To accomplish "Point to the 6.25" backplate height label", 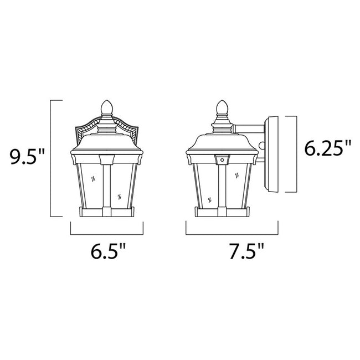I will tap(328, 148).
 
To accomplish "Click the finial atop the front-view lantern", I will tap(107, 107).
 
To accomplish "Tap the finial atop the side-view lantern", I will tap(222, 107).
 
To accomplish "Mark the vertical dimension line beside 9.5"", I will tap(52, 158).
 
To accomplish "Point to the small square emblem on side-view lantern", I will tap(222, 160).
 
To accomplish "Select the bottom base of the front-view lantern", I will tap(107, 212).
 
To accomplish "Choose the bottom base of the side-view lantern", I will tap(222, 212).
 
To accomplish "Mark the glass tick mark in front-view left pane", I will tap(92, 179).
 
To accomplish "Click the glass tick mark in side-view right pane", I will tap(237, 176).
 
